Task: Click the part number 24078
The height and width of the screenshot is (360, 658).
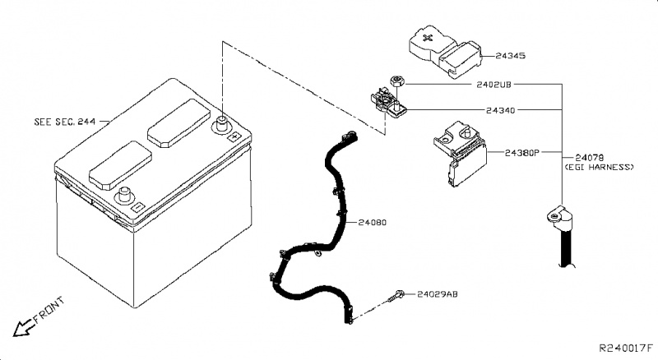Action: (x=589, y=156)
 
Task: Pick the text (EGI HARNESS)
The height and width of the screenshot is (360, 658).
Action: (x=599, y=167)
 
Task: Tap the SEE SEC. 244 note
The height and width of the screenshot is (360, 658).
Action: (x=65, y=121)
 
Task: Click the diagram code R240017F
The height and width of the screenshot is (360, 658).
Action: (x=625, y=349)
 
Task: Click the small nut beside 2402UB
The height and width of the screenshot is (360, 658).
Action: (x=396, y=81)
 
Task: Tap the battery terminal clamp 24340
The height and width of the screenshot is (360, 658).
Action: (x=387, y=104)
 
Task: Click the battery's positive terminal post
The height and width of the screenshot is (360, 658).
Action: (x=220, y=126)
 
